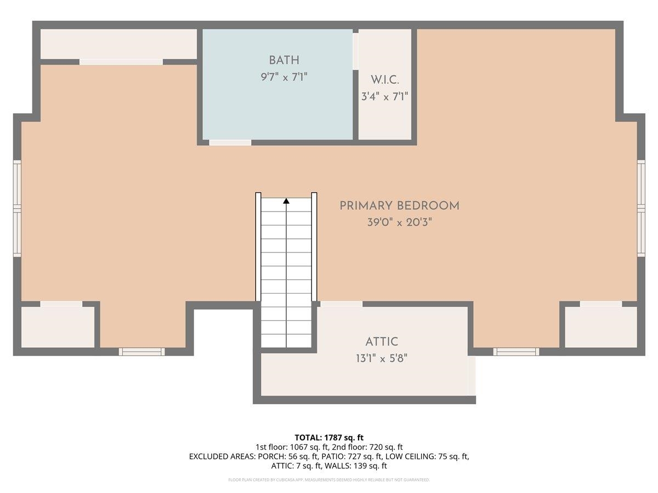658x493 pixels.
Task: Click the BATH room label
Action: pos(283,60)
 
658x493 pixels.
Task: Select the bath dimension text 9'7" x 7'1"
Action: pos(283,77)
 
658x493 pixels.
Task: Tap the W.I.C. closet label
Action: pos(384,80)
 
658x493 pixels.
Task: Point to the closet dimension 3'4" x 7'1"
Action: pos(384,97)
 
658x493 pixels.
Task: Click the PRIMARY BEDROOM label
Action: pos(399,206)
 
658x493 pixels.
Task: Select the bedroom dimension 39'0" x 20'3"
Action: pos(399,223)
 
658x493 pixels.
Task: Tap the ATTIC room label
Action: pos(381,342)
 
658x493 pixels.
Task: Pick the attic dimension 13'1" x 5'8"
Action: pos(381,359)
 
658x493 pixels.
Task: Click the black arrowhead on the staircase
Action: pos(286,201)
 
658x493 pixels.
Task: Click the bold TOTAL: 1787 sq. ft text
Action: pos(329,437)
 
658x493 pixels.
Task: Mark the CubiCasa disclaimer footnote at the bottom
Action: pos(329,480)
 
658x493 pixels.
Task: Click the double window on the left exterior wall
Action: pos(17,209)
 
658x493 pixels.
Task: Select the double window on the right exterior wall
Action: pos(640,209)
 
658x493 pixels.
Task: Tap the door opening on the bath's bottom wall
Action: pos(230,142)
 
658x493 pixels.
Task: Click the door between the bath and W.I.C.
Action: pos(355,51)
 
